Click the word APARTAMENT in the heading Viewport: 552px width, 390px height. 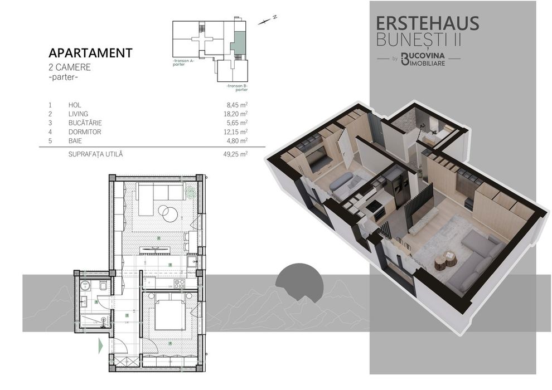coord(90,53)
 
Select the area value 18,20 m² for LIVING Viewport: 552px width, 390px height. coord(236,114)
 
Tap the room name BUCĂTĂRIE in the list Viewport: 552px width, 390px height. coord(85,123)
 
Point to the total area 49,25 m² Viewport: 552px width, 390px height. coord(235,154)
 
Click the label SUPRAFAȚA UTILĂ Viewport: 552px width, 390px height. coord(95,154)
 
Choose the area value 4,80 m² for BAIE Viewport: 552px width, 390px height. coord(237,141)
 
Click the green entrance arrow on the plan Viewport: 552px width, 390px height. coord(101,345)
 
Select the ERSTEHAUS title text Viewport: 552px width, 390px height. coord(428,23)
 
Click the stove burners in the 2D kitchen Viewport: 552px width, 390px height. coord(180,283)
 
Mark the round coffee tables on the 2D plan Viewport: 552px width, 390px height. coord(167,212)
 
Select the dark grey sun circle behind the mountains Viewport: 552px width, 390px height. coord(299,281)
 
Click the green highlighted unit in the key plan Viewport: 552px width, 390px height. coord(238,43)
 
